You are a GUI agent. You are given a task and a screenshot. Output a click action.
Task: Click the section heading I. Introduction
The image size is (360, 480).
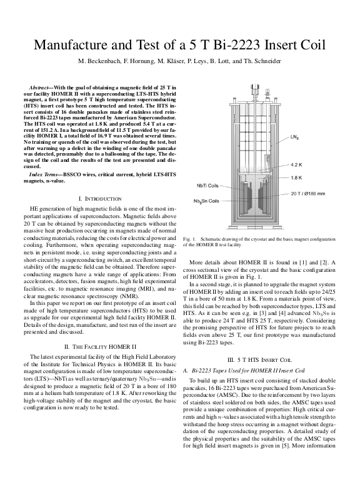tap(100, 199)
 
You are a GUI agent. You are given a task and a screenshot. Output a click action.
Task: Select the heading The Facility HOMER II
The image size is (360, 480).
tap(100, 346)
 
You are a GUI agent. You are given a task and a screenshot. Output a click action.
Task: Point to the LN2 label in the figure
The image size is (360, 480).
tap(294, 137)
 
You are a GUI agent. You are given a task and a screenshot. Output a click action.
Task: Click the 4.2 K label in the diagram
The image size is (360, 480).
tap(296, 165)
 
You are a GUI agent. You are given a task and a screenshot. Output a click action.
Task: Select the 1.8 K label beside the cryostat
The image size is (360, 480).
tap(296, 177)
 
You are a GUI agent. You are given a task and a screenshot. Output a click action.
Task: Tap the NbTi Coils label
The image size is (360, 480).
tap(207, 186)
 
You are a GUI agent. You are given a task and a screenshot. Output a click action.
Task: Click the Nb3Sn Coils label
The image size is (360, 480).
tap(206, 201)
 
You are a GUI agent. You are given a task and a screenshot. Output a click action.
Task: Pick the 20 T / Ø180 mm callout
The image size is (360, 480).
tap(307, 194)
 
